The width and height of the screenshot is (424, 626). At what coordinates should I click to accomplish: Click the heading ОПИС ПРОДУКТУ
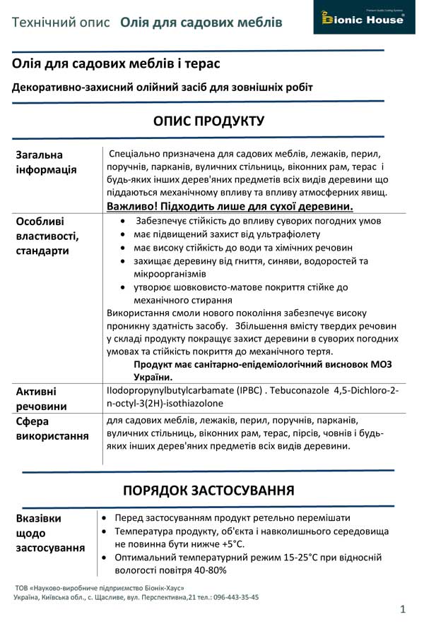click(208, 121)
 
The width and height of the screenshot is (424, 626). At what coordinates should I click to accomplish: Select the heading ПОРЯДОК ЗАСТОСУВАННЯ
click(208, 490)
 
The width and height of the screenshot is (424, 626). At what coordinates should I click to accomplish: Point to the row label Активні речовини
click(42, 398)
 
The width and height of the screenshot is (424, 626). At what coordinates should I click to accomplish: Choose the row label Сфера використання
click(52, 428)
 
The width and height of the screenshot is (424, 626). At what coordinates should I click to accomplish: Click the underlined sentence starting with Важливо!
click(230, 206)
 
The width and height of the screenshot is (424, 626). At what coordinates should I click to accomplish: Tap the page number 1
click(402, 608)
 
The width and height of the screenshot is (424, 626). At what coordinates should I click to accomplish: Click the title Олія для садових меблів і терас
click(117, 64)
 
